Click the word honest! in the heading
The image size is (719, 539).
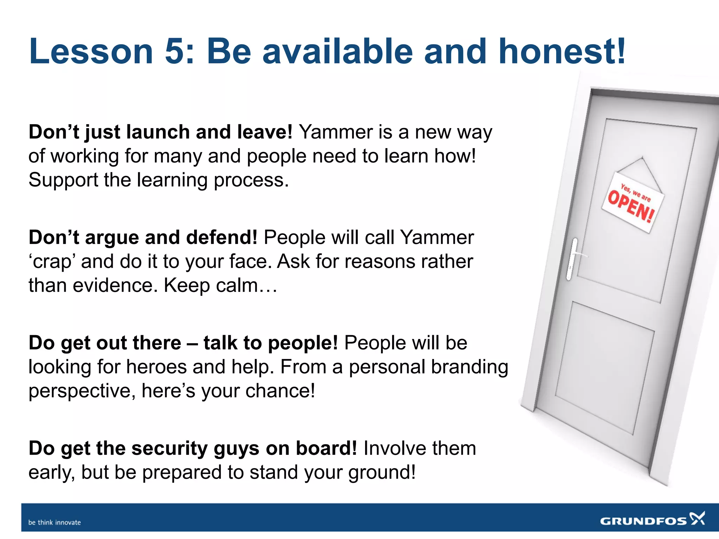click(x=562, y=52)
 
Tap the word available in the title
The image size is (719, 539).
click(x=337, y=52)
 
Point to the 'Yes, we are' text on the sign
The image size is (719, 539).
click(x=635, y=193)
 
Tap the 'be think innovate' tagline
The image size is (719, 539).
click(x=54, y=523)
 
